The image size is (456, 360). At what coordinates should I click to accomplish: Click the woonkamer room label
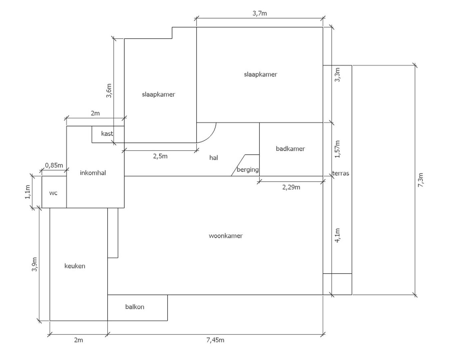click(226, 236)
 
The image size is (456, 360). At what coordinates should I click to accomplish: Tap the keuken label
click(75, 266)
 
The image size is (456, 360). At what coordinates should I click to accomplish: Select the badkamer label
click(290, 149)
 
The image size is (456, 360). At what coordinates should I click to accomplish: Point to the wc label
click(53, 193)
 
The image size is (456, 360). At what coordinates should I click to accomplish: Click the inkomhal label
click(93, 173)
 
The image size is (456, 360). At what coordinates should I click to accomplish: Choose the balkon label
click(135, 307)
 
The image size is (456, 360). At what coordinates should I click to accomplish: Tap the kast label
click(107, 134)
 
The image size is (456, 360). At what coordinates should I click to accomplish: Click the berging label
click(247, 170)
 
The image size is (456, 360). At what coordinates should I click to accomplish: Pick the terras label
click(340, 173)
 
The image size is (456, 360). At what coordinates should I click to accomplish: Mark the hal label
click(214, 158)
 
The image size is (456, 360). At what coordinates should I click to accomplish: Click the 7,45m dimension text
click(215, 340)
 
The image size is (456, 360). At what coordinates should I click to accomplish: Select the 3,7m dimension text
click(259, 14)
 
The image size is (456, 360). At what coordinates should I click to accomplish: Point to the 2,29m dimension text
click(291, 187)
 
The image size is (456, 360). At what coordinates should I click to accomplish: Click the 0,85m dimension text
click(54, 165)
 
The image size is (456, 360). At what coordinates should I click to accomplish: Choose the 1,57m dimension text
click(337, 149)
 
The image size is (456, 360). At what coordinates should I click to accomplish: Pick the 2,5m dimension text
click(160, 156)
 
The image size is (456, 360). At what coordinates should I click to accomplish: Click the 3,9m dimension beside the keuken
click(35, 264)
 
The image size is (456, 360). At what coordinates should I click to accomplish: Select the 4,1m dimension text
click(337, 235)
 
